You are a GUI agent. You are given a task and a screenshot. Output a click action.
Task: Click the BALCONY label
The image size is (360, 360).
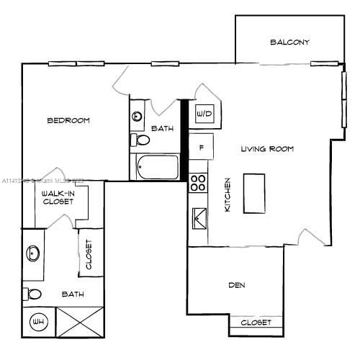point(289,42)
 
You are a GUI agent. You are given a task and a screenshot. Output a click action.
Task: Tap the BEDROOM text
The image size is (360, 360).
point(68,120)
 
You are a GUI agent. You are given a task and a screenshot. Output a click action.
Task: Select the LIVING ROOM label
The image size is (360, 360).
point(267,149)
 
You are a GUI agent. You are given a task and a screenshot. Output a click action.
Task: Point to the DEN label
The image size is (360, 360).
point(237,285)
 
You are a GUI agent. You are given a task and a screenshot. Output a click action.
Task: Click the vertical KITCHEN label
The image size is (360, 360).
point(227,194)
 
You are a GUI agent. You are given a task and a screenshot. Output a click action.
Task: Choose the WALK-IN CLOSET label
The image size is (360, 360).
point(58,198)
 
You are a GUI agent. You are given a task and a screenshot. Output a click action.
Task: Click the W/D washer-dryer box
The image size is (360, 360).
point(204,114)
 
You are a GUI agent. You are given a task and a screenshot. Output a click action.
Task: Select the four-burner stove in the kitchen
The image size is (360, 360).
point(198,183)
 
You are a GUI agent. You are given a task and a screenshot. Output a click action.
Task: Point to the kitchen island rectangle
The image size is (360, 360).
point(254,193)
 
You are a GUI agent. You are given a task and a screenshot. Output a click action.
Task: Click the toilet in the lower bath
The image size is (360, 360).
point(32,294)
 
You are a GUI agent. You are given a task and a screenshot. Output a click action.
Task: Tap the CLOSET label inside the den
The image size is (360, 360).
point(256,323)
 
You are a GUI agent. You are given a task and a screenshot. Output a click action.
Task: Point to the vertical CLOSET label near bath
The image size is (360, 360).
point(89,255)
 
